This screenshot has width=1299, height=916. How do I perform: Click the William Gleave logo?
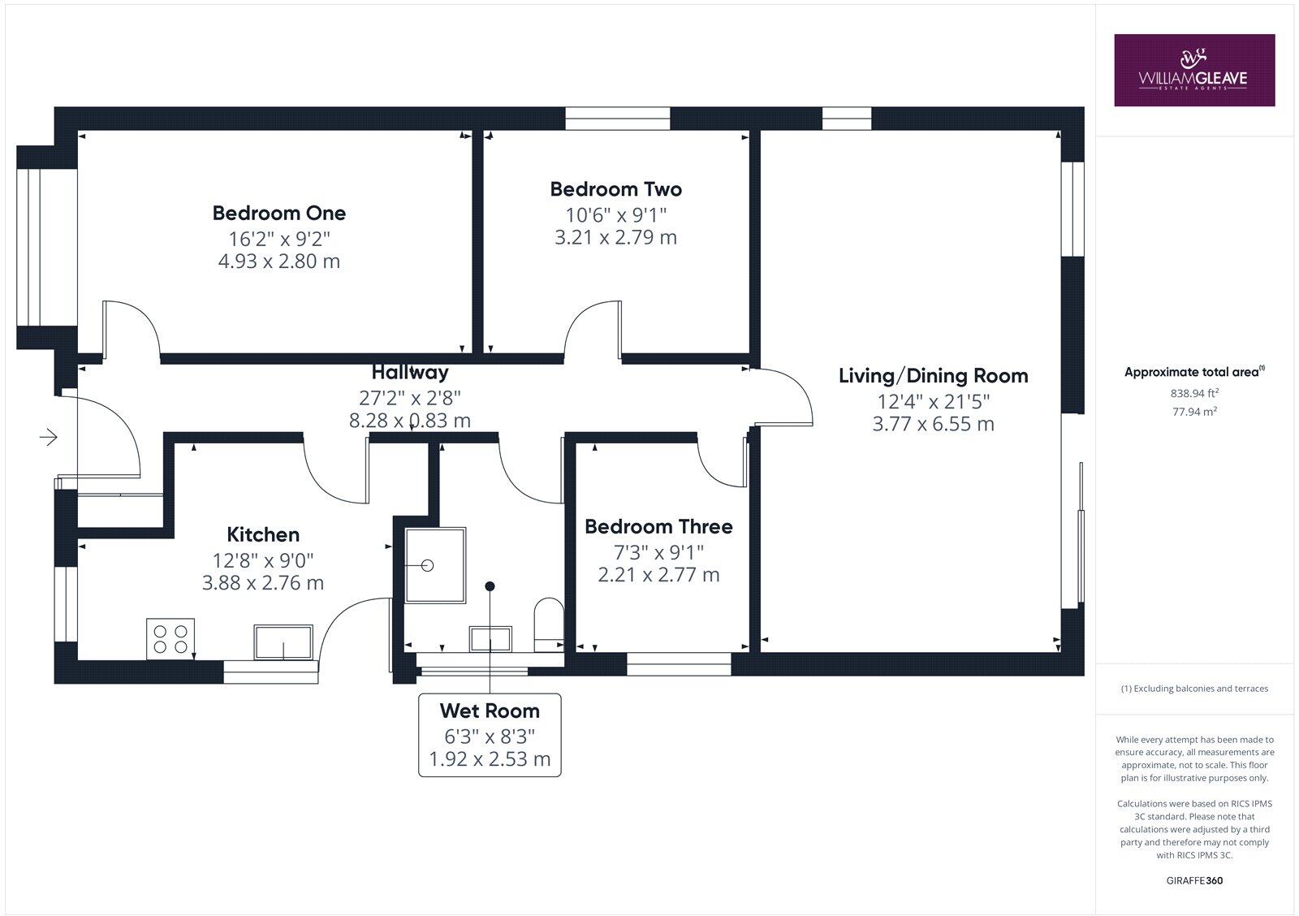tap(1193, 70)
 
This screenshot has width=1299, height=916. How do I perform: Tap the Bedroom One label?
tap(278, 213)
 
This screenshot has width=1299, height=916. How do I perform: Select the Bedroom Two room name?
tap(615, 189)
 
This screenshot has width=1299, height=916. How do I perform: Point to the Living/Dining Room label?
tap(933, 376)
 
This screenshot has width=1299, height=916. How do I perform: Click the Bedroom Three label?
tap(658, 526)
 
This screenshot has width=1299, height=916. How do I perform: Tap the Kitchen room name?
tap(263, 534)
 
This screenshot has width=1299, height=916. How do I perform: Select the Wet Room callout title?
tap(490, 711)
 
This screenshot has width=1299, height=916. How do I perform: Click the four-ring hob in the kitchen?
tap(171, 638)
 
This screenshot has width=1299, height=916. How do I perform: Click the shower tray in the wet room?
tap(435, 565)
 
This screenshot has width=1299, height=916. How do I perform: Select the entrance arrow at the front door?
tap(49, 438)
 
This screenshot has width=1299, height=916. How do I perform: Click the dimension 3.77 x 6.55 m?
tap(933, 424)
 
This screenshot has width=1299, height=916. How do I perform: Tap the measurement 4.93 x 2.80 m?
tap(278, 261)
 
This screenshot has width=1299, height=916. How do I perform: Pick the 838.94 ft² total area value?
tap(1194, 393)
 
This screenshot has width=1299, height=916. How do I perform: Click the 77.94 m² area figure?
tap(1194, 411)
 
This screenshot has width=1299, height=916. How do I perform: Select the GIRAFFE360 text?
tap(1194, 880)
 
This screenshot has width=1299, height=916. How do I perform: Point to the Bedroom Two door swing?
tap(593, 328)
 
